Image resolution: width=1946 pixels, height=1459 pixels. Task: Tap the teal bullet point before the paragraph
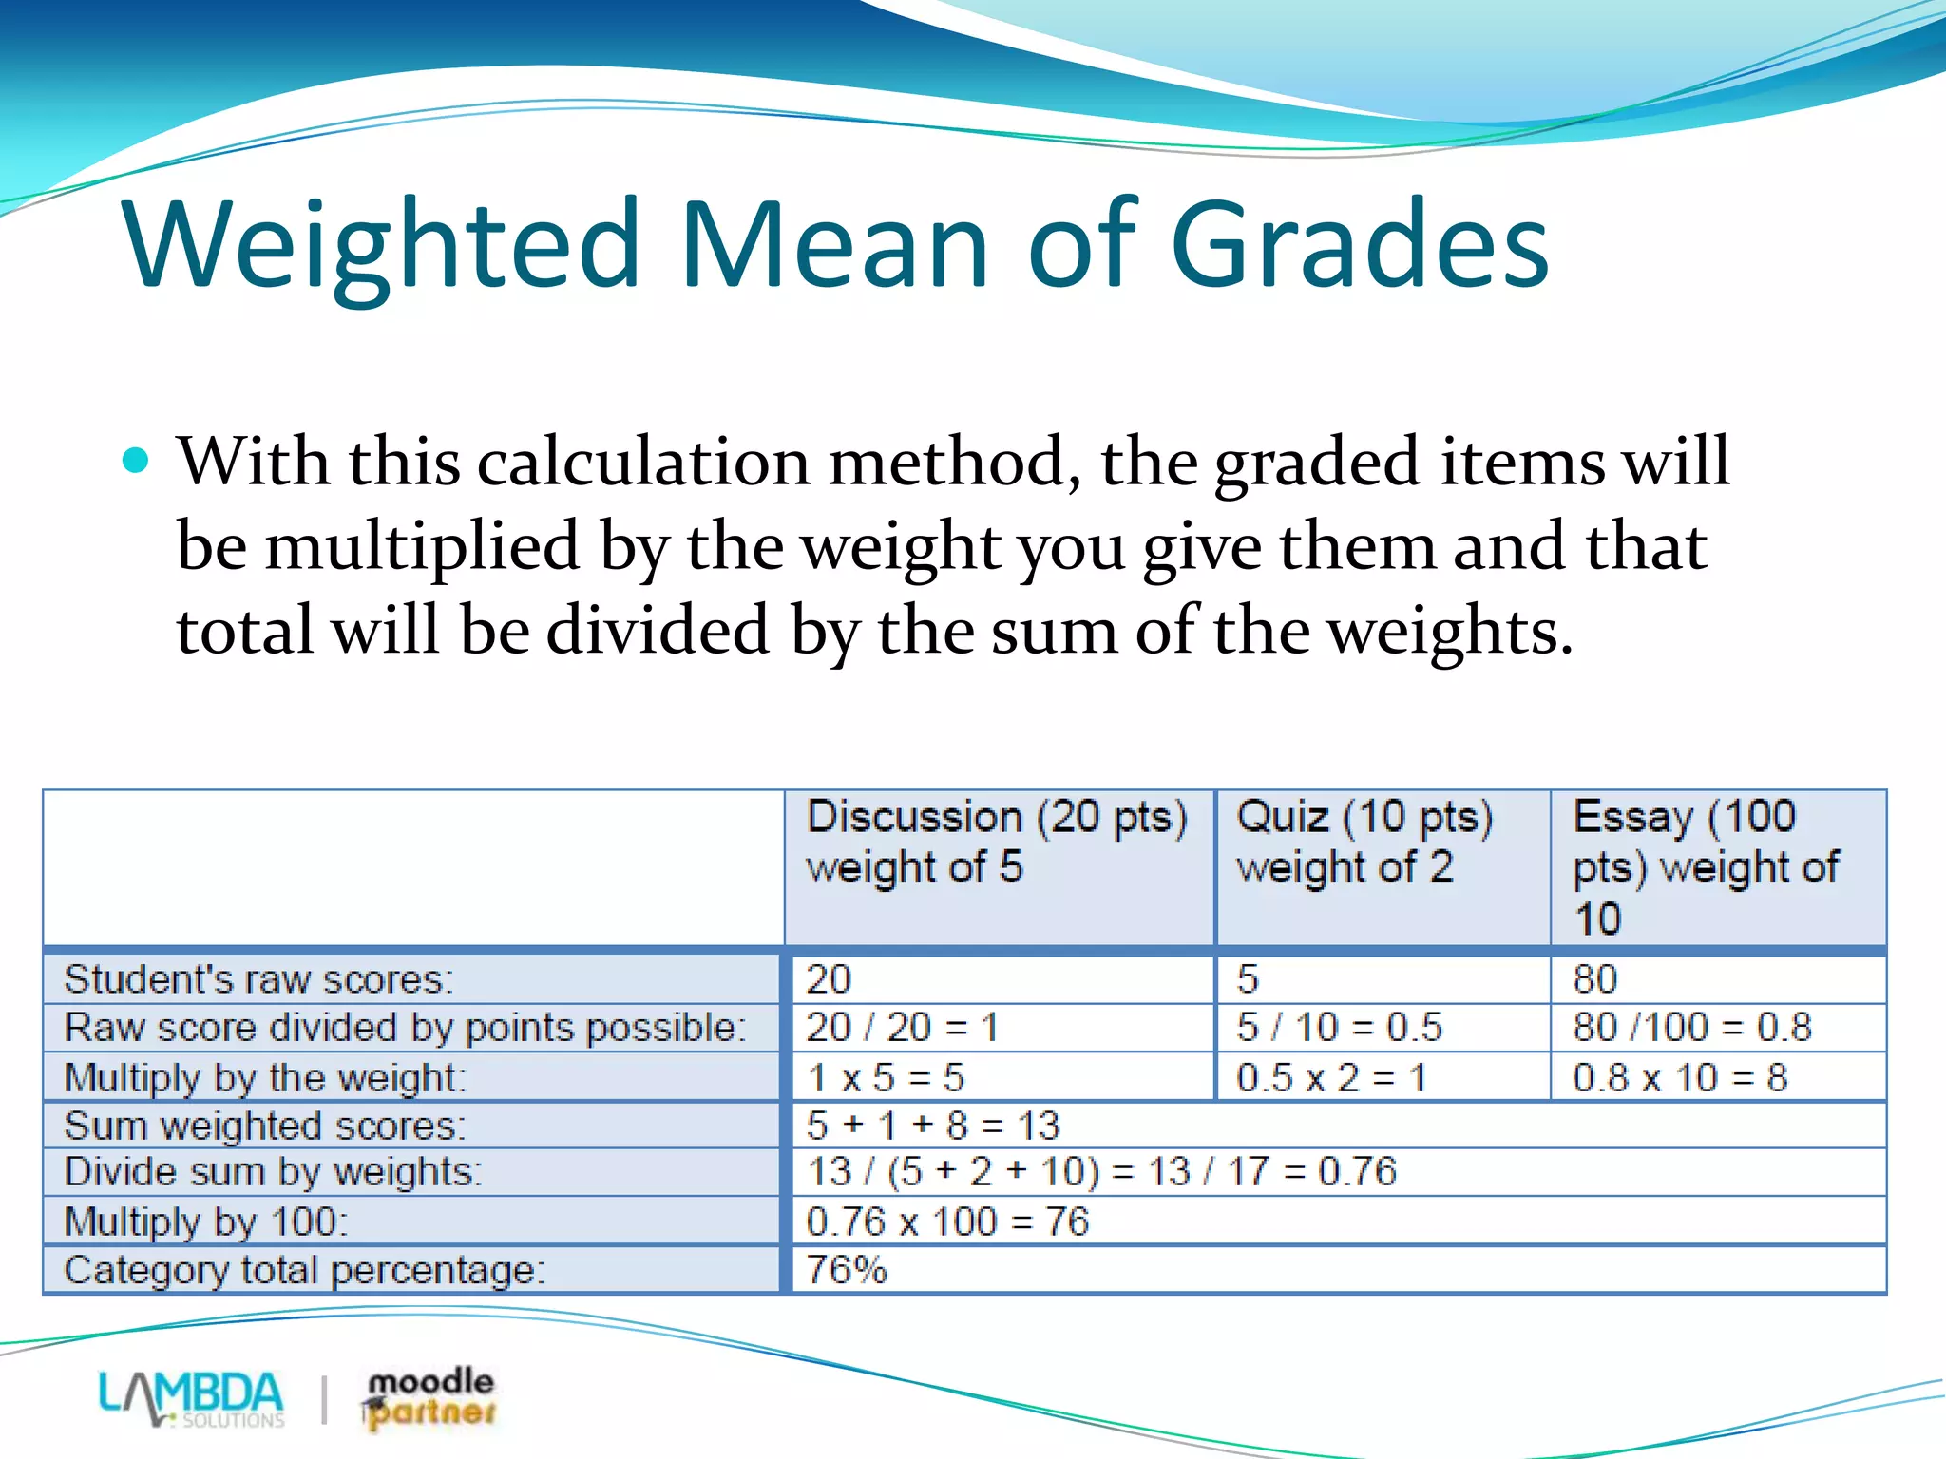137,461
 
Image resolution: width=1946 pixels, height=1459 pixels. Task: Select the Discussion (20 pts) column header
997,842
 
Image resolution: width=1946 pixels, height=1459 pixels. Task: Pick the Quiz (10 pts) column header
1364,842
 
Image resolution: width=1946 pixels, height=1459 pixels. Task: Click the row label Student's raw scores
258,979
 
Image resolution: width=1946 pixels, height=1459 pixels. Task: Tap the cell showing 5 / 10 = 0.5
1339,1028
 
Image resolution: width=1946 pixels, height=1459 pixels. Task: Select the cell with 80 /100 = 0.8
1691,1028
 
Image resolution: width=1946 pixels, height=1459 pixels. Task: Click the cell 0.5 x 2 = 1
1330,1078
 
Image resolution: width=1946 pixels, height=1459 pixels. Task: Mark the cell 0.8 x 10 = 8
1680,1078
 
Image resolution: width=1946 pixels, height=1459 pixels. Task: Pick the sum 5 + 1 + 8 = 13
932,1127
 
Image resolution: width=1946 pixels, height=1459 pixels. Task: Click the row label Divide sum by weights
273,1172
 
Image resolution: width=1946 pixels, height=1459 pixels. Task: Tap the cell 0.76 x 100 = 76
947,1222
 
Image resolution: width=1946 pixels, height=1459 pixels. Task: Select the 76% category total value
847,1270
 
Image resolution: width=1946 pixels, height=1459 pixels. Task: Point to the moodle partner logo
429,1398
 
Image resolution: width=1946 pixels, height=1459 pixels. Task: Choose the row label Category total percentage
304,1270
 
